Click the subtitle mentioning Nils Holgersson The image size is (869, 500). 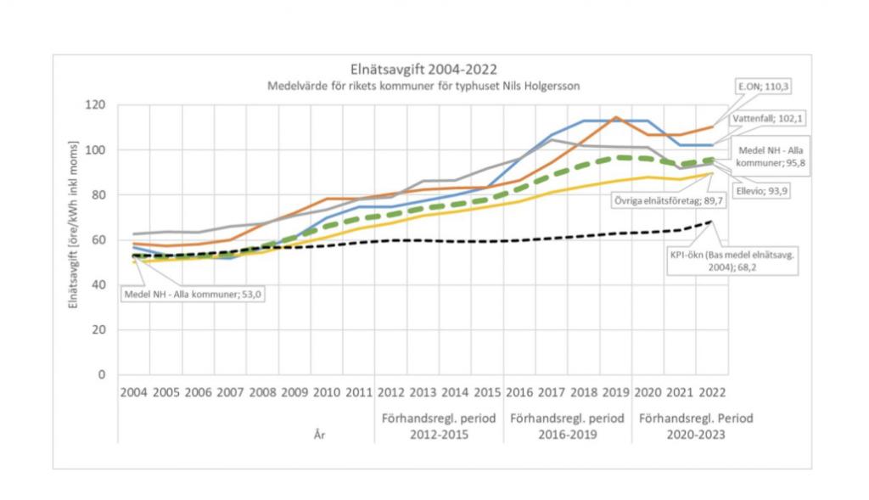424,86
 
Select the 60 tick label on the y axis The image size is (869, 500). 99,240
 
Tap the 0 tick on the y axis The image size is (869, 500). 103,374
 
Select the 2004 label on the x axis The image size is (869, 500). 133,394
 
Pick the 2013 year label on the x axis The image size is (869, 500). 423,394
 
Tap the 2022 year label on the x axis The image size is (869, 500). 712,394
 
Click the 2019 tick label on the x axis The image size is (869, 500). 615,394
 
